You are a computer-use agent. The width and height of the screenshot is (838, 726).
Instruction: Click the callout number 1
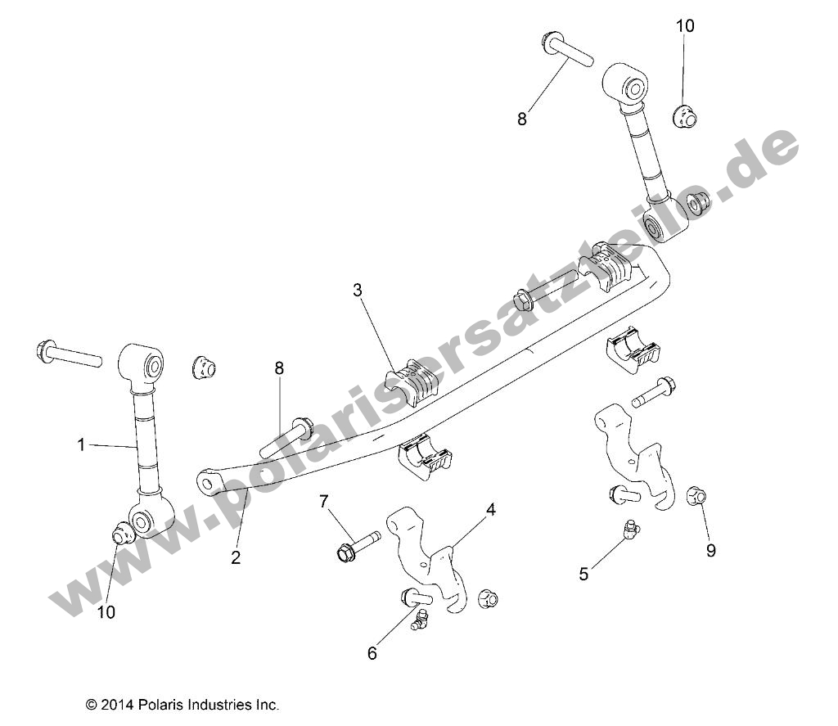point(81,444)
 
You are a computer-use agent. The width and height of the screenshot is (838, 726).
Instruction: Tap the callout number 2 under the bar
point(236,558)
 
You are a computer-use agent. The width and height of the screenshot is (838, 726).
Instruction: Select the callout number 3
point(358,289)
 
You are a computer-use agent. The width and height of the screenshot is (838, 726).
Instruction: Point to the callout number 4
point(491,509)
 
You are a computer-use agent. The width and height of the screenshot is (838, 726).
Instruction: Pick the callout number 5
point(583,575)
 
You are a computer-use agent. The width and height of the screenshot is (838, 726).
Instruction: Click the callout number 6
point(372,652)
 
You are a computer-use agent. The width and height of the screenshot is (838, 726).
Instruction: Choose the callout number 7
point(324,500)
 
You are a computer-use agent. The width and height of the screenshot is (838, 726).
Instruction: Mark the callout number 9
point(711,551)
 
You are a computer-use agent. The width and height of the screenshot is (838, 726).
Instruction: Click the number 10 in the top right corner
point(685,26)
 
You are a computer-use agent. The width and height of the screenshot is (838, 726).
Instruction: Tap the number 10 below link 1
point(106,611)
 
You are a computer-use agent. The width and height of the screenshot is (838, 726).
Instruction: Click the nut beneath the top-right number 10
point(684,116)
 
